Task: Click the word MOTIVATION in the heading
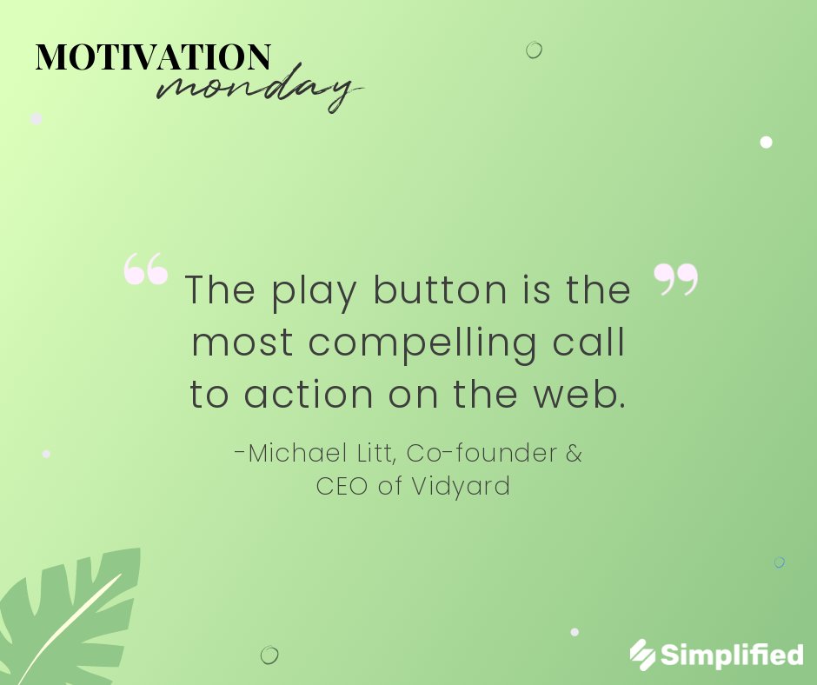153,57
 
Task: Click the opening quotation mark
145,269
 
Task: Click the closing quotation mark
675,279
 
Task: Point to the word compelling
422,343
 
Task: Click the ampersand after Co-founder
574,453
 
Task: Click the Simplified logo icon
642,655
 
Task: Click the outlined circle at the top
534,50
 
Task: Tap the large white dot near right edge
766,142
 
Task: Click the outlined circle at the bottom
269,655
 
